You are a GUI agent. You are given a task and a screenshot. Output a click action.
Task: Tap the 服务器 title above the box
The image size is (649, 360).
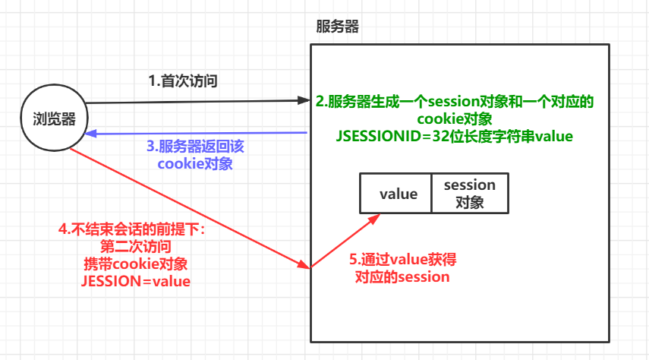click(337, 27)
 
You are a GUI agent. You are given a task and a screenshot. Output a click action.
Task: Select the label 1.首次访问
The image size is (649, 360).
click(183, 81)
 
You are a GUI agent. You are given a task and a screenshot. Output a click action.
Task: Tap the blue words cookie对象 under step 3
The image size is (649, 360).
click(194, 163)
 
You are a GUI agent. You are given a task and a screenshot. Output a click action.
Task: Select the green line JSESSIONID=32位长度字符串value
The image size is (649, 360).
click(455, 137)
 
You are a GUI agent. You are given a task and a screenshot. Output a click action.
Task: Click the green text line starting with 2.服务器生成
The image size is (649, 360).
click(455, 102)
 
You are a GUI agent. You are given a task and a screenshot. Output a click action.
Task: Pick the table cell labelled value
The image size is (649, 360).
click(399, 194)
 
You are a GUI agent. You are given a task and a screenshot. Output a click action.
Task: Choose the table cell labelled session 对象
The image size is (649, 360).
click(469, 194)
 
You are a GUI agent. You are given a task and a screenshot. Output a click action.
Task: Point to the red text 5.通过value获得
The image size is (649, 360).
click(402, 260)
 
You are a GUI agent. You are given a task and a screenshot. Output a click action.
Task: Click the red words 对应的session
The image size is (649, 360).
click(402, 276)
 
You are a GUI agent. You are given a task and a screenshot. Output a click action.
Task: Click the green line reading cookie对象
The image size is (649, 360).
click(455, 119)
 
